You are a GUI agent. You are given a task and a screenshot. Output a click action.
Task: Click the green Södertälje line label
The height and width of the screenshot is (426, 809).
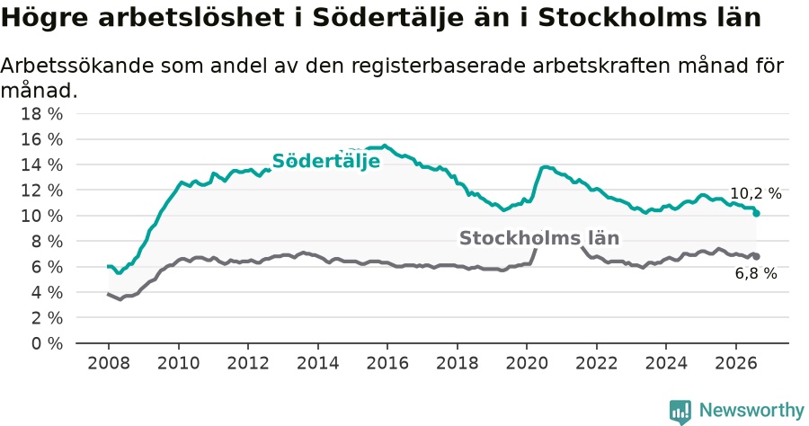(326, 161)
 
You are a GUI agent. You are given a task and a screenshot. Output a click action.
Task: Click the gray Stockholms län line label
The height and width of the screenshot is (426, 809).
(539, 238)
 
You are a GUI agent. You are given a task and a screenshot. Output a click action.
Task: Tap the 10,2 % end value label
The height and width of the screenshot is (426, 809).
(756, 193)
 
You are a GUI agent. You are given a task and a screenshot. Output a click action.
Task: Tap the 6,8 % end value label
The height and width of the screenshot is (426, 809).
(756, 273)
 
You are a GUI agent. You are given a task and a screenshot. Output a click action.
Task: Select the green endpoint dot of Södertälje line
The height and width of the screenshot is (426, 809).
(756, 213)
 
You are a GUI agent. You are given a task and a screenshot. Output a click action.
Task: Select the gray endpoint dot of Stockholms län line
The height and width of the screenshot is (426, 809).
(756, 256)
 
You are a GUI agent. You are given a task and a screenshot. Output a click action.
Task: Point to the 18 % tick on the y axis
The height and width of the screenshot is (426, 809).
(41, 113)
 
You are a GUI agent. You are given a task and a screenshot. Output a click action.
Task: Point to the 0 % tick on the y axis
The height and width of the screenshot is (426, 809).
(47, 343)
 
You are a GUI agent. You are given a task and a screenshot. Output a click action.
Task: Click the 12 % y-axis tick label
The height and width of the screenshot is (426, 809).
(41, 191)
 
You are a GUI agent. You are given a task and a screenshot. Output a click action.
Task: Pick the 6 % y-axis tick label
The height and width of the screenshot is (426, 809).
(47, 267)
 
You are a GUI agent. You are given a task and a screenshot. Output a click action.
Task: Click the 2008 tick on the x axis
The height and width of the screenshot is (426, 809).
(109, 362)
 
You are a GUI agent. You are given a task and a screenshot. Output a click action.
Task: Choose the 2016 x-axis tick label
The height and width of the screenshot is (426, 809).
(387, 362)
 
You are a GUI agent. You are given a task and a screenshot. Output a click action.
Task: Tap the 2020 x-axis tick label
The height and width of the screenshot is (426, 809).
(526, 362)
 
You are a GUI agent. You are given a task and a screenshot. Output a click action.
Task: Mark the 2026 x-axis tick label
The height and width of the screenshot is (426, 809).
(735, 362)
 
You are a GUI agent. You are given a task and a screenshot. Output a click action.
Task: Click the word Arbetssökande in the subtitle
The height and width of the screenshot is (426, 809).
(76, 66)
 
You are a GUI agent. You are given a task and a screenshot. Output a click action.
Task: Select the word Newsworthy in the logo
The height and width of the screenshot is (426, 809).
(751, 410)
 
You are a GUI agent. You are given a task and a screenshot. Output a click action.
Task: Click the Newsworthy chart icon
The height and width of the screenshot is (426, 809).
(680, 413)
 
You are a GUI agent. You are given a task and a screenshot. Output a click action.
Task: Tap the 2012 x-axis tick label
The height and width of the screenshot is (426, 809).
(248, 362)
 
